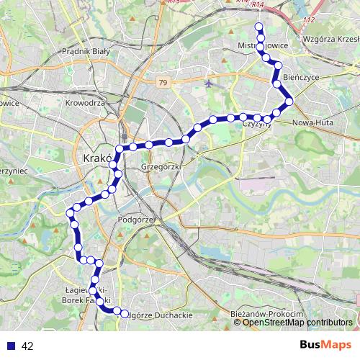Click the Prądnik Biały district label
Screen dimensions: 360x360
click(84, 51)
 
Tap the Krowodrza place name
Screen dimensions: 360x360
click(86, 103)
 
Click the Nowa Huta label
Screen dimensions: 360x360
click(311, 122)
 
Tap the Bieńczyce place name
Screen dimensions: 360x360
click(301, 76)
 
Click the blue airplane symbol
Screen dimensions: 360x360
click(210, 83)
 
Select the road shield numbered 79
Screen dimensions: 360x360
click(165, 83)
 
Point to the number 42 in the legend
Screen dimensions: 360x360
click(27, 346)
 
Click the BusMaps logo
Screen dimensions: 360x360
click(325, 345)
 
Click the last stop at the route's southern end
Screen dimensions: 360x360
click(125, 314)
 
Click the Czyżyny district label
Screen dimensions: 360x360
click(256, 124)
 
